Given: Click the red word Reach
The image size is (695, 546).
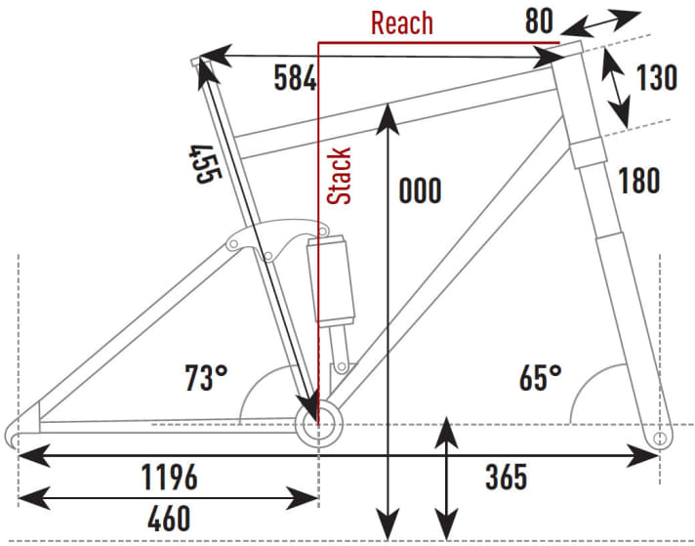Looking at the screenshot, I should [x=401, y=22].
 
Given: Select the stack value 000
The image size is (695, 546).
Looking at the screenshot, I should [x=420, y=190].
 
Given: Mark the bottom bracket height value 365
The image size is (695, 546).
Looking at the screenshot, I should [x=506, y=478].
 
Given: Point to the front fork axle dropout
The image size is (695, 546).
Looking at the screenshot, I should [x=662, y=436].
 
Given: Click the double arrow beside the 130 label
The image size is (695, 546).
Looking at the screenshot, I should [x=615, y=88].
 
